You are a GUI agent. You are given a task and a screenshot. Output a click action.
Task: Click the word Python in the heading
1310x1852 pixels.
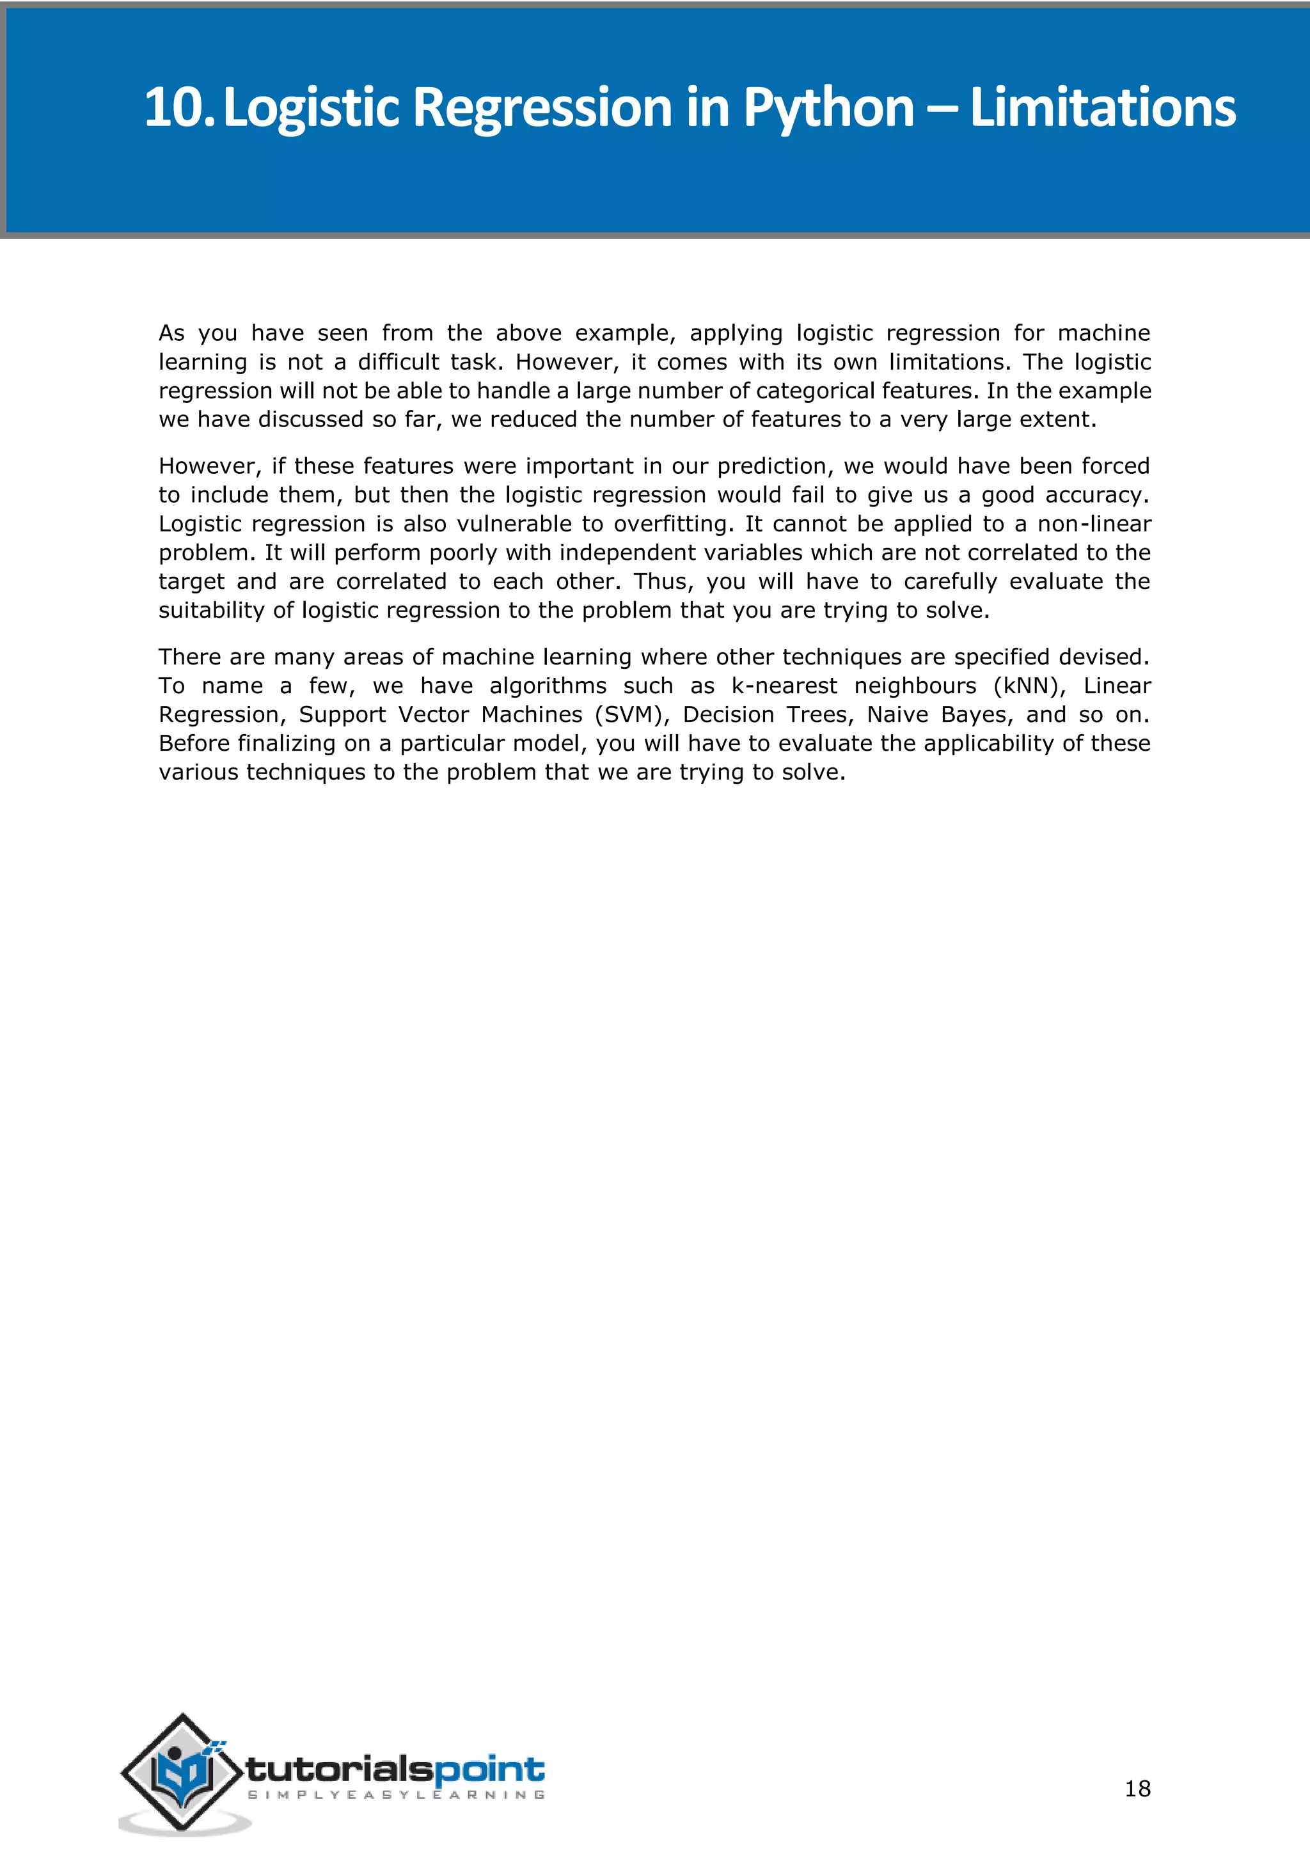828,108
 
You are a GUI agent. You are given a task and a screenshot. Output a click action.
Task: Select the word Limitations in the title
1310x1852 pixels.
1102,108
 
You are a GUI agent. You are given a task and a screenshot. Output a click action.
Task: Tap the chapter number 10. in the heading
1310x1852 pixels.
179,108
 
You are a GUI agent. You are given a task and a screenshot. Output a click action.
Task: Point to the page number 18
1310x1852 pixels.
1137,1788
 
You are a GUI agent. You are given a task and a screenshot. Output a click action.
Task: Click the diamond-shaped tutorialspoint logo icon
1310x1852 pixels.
182,1771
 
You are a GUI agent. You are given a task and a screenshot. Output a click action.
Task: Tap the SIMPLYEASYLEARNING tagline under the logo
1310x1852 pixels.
396,1794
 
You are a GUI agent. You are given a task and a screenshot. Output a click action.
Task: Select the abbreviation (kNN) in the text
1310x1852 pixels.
1029,686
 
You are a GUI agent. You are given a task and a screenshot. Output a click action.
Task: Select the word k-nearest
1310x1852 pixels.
784,686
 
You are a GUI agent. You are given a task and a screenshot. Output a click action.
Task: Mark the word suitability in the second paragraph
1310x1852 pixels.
211,611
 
